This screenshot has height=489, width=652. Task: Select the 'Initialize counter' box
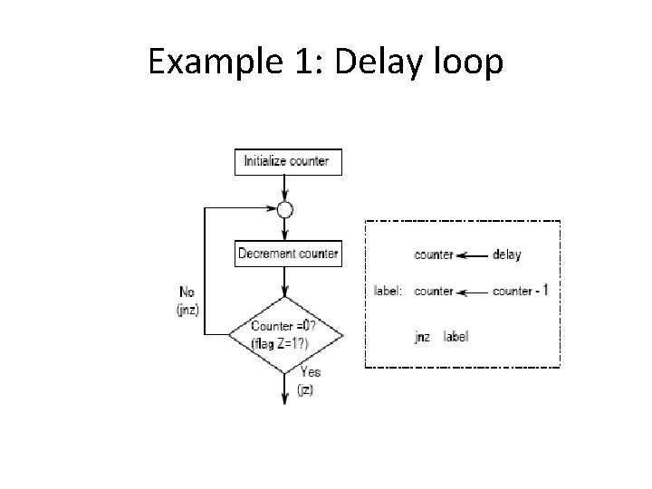click(285, 162)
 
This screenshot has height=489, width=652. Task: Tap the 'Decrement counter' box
click(287, 254)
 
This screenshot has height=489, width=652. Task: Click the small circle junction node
click(285, 209)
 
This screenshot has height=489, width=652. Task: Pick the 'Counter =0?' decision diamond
click(285, 333)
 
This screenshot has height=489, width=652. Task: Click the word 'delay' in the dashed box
click(507, 255)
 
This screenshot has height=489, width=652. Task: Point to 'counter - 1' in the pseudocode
click(521, 292)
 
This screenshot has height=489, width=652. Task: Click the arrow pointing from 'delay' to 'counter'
click(473, 255)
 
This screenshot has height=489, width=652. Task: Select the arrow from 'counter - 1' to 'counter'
click(473, 292)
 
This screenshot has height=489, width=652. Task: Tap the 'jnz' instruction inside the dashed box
click(422, 337)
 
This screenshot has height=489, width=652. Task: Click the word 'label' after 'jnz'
click(456, 337)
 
